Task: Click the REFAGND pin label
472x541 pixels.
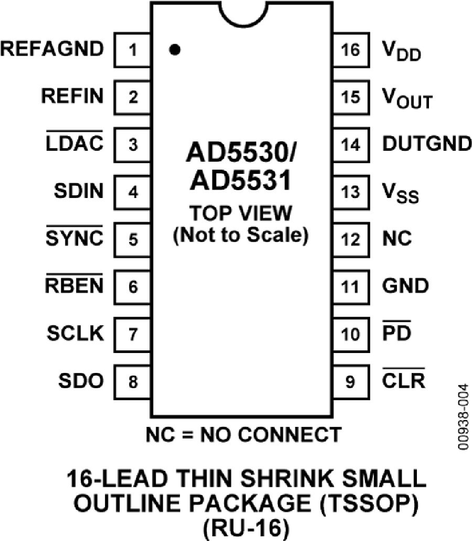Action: pos(52,49)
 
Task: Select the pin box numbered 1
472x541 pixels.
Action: pos(133,50)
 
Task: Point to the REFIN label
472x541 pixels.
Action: pos(72,97)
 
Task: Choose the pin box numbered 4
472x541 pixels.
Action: pos(133,192)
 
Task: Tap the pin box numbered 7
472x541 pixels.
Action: pos(133,334)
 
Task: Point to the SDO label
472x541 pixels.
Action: pos(81,381)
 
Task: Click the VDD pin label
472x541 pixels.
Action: pos(401,51)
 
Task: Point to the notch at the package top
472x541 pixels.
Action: pos(242,13)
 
